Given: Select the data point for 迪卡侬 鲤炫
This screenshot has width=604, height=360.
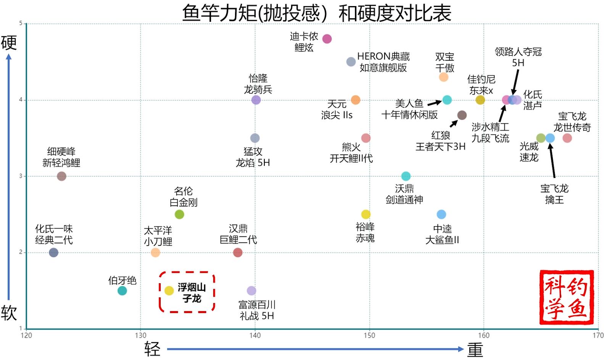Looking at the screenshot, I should click(x=327, y=39).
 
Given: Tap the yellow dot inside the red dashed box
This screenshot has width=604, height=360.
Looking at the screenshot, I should click(x=169, y=291).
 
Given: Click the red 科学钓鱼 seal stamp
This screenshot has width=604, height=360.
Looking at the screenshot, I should click(x=566, y=297).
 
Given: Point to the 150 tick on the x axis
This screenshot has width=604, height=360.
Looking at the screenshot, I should click(x=369, y=336).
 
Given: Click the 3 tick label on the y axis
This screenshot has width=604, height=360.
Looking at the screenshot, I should click(x=21, y=176).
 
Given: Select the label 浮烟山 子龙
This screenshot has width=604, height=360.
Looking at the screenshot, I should click(x=192, y=293).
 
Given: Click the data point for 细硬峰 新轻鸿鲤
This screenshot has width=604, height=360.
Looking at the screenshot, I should click(x=61, y=176).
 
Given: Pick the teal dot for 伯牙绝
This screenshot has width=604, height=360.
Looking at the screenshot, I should click(x=122, y=291).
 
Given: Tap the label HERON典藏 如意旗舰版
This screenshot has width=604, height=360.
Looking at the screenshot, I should click(x=383, y=62).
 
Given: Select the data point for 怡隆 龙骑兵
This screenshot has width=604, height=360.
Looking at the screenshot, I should click(x=256, y=100).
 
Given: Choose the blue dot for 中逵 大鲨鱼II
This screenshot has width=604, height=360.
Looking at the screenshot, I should click(x=441, y=214).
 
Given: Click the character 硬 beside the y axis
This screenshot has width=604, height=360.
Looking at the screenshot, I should click(x=9, y=42).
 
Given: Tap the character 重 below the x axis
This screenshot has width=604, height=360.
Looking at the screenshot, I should click(x=475, y=349).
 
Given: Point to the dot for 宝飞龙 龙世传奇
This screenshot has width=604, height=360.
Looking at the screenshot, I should click(x=567, y=138).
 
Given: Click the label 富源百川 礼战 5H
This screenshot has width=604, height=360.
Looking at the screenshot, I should click(x=257, y=310).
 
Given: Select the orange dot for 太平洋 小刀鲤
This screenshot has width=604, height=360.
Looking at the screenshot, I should click(x=155, y=252).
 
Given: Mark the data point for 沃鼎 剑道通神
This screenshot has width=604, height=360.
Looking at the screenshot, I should click(x=406, y=176).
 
